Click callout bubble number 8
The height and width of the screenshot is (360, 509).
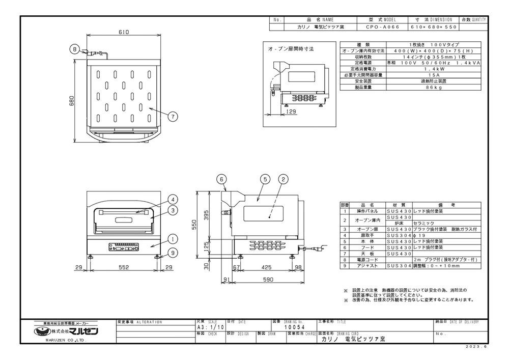tap(75, 49)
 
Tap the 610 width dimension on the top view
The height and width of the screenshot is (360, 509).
tap(124, 32)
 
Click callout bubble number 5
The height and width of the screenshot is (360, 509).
tap(265, 179)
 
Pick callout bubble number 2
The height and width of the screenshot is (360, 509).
tap(284, 179)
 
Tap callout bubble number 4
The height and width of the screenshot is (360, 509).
tap(173, 200)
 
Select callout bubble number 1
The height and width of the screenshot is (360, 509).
tap(173, 238)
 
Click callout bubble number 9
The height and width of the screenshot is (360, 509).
tap(173, 251)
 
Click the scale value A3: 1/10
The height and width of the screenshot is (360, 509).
tap(210, 328)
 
